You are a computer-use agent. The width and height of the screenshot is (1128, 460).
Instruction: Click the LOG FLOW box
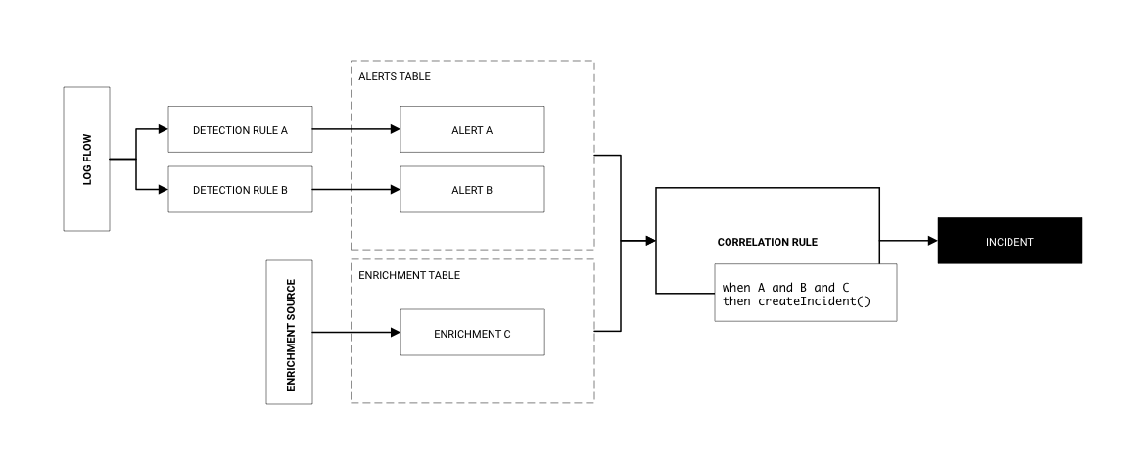coord(86,159)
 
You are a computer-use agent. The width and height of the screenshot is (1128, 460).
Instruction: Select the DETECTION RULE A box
coord(240,129)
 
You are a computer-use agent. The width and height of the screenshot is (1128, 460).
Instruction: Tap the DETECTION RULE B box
coord(240,190)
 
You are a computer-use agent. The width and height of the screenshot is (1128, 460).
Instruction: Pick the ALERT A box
coord(472,129)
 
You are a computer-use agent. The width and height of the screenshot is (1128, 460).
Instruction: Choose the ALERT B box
coord(472,190)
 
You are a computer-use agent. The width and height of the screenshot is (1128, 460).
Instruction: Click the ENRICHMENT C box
coord(472,333)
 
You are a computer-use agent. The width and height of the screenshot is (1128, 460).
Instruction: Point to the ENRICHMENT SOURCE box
coord(290,333)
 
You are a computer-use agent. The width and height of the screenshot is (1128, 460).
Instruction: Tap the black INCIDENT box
coord(1010,241)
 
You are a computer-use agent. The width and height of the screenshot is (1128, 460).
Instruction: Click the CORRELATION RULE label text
coord(767,242)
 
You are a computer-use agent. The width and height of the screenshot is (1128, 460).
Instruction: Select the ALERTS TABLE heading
coord(395,76)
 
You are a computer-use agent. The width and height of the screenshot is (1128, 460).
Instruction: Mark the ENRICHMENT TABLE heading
coord(409,275)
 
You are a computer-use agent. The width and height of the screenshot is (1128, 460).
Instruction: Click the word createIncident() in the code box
coord(814,301)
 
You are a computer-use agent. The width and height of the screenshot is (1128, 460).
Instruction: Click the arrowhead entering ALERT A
coord(395,129)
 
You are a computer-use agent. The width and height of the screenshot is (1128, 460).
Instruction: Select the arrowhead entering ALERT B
coord(395,190)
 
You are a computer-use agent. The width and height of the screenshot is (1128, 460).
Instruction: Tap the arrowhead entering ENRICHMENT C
coord(395,333)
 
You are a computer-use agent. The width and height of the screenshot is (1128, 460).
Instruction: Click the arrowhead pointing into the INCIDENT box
coord(932,241)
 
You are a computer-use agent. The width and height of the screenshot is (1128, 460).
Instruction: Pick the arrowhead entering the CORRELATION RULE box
coord(649,241)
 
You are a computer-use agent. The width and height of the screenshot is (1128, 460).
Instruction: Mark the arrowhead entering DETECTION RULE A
coord(163,129)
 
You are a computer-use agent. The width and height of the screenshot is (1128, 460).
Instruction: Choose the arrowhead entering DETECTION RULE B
coord(163,190)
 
